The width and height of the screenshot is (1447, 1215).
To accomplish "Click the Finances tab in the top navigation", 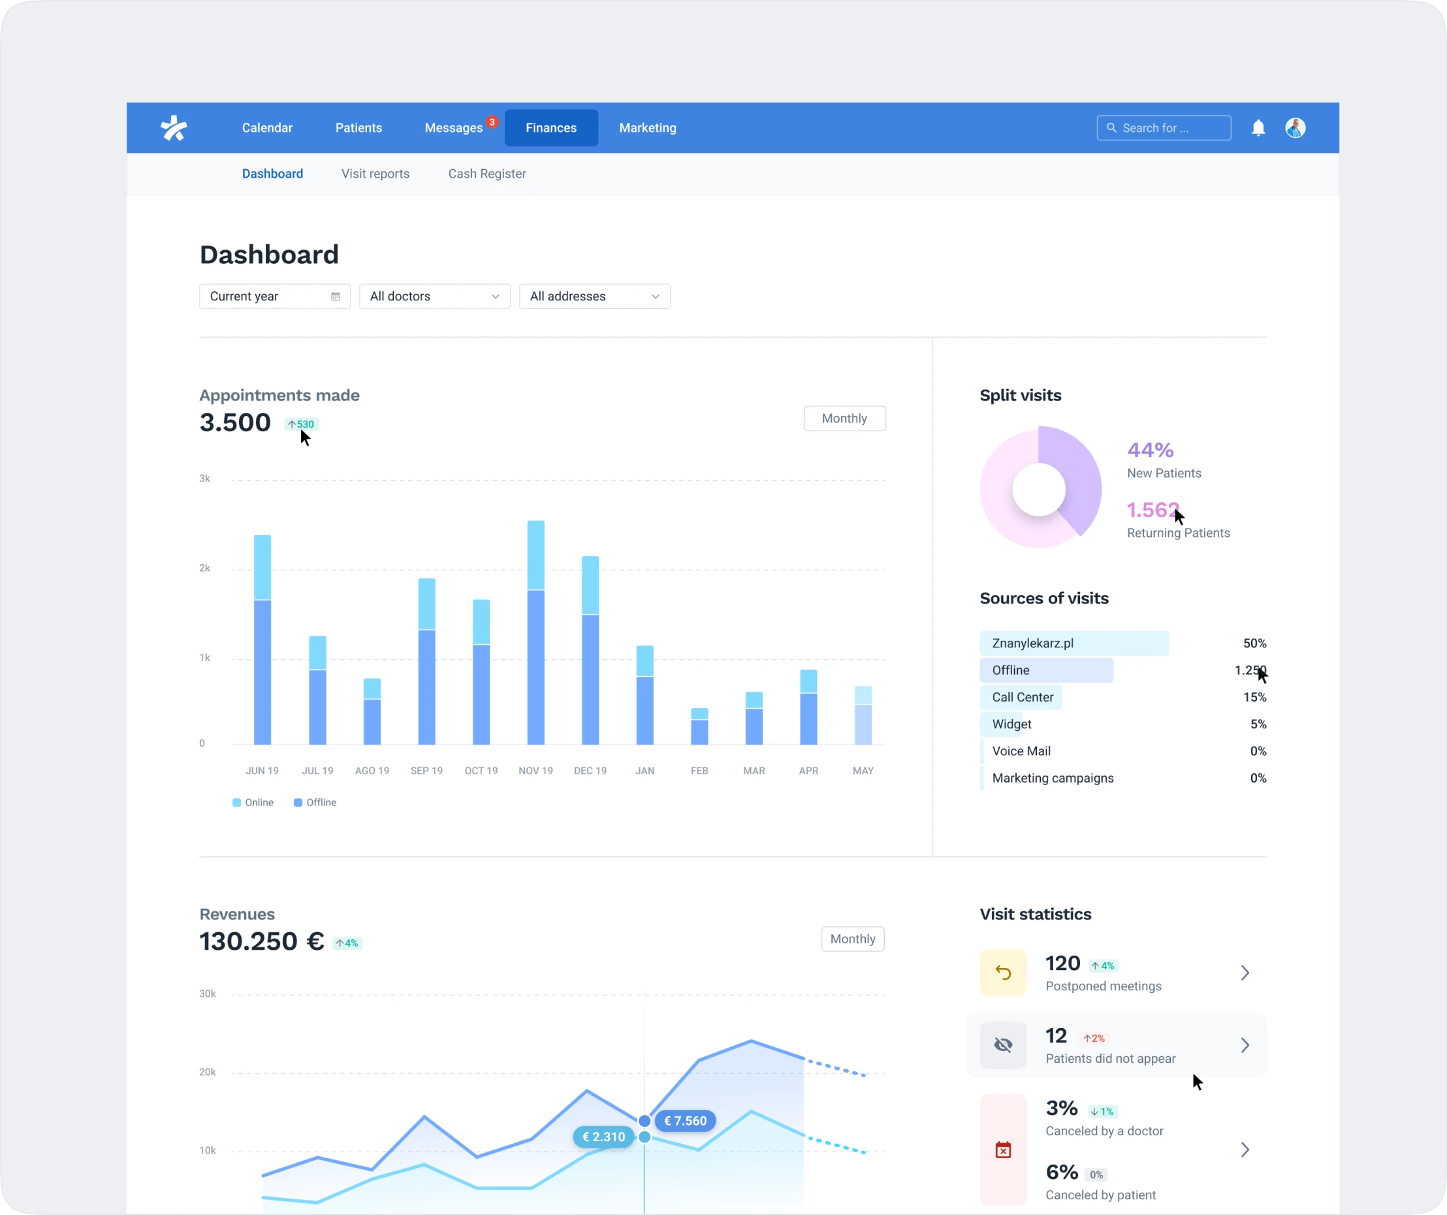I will [550, 127].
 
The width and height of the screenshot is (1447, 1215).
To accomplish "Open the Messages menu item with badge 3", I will [453, 127].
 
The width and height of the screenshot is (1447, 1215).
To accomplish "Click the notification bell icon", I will [1258, 127].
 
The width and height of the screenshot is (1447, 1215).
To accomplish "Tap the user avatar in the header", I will [1295, 127].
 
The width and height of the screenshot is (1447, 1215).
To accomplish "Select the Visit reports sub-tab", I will [375, 174].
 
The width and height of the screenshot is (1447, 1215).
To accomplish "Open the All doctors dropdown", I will [434, 297].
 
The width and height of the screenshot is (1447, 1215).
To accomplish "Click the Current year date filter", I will [274, 297].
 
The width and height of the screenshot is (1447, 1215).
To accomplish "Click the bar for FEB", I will [699, 727].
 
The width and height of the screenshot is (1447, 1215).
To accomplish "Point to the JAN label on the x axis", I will [644, 771].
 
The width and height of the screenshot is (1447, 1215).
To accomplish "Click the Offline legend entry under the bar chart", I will [315, 802].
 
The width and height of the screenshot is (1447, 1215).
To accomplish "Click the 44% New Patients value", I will [1150, 450].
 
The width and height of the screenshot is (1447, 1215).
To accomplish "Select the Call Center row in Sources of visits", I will [1023, 697].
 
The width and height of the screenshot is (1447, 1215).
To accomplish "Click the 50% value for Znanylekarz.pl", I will [1254, 643].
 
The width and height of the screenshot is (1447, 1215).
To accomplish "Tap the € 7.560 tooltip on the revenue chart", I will [685, 1120].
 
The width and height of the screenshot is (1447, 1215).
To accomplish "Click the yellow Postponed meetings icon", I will [1002, 973].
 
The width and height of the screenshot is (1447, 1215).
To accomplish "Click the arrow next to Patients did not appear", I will [1245, 1045].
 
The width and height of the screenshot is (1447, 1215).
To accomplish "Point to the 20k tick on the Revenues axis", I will [208, 1072].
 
